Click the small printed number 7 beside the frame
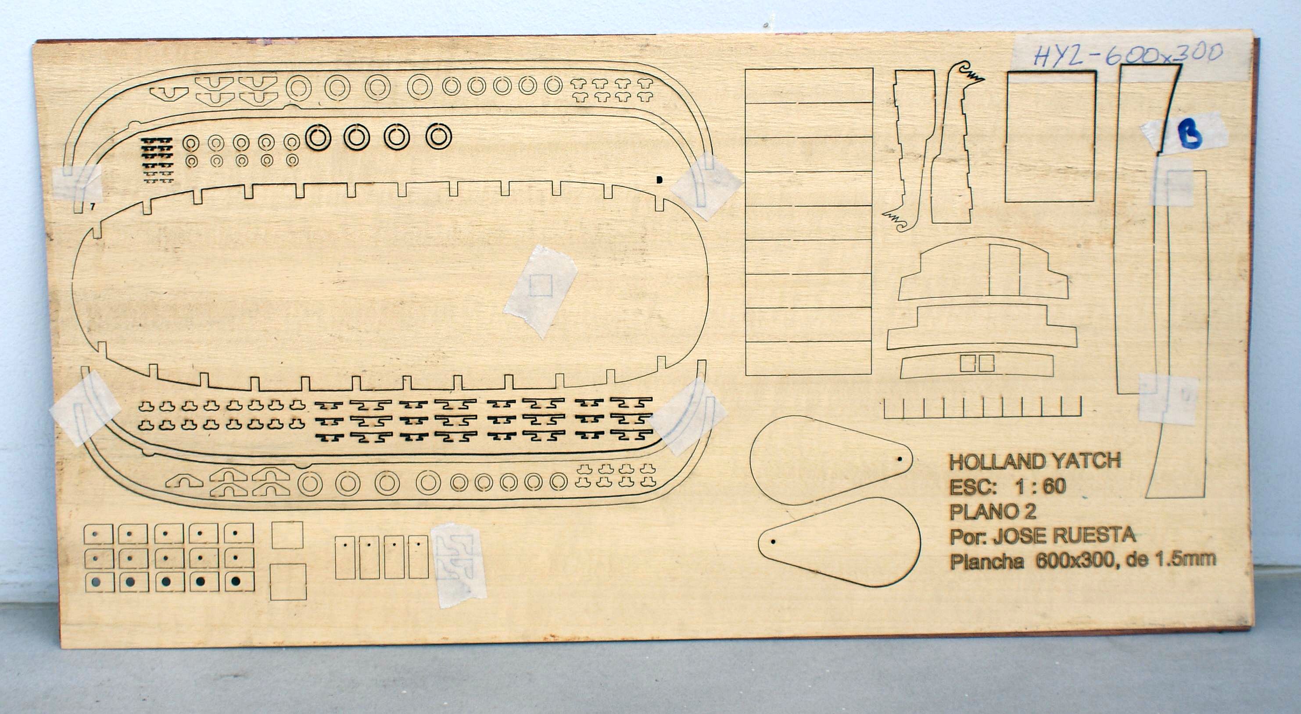click(x=93, y=206)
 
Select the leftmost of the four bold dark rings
click(x=318, y=137)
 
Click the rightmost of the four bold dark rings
click(x=438, y=136)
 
